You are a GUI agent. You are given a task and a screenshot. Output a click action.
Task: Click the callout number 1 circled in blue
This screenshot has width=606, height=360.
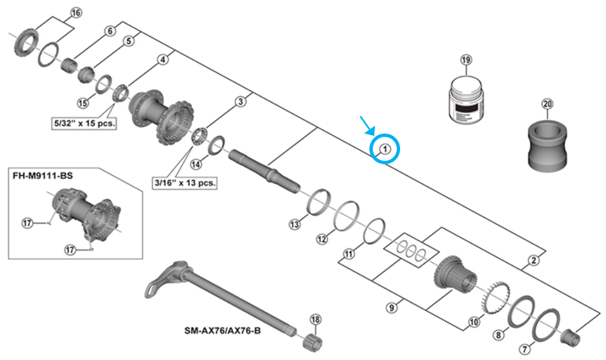point(385,149)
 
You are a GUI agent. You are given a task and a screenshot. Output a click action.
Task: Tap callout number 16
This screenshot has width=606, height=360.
point(77,13)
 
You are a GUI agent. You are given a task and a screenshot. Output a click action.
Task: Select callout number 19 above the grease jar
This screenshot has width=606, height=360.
point(466,61)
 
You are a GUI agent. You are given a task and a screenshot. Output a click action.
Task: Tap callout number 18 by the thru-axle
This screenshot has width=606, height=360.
point(315,320)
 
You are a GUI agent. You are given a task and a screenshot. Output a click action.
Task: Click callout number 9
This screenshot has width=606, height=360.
point(389,308)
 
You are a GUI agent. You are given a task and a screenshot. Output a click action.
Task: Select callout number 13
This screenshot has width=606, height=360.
point(294,224)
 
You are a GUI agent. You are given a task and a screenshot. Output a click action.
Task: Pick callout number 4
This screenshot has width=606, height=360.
point(162,60)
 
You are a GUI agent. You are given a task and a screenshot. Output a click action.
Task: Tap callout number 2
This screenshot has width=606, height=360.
point(533,262)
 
